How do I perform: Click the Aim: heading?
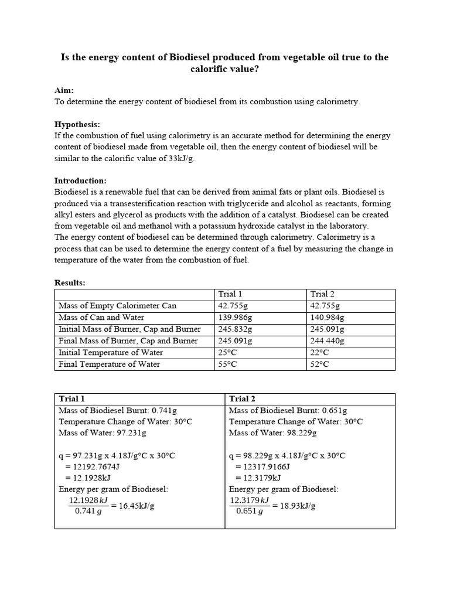[x=64, y=90]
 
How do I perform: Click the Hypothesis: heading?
[x=77, y=124]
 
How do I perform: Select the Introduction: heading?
[x=80, y=180]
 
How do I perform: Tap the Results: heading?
[x=70, y=283]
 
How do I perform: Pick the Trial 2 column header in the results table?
[x=322, y=294]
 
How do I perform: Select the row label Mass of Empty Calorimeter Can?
[x=117, y=306]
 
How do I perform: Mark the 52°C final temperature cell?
[x=320, y=364]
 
